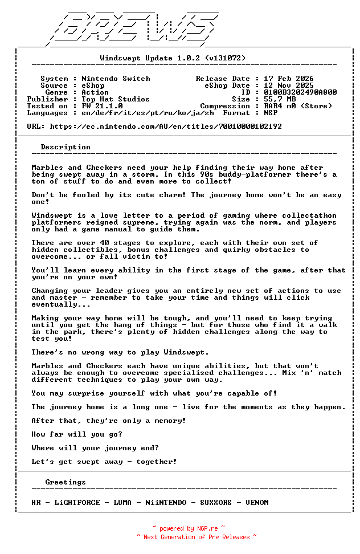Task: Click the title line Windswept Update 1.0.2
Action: tap(173, 58)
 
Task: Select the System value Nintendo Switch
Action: tap(116, 79)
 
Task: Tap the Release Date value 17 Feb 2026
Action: tap(288, 79)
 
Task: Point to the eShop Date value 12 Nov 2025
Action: tap(288, 85)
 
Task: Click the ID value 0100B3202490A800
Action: tap(300, 92)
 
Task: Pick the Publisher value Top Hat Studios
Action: tap(116, 99)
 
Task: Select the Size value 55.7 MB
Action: tap(279, 99)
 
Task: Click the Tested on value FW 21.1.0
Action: tap(102, 106)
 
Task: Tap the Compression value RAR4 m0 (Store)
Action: tap(297, 106)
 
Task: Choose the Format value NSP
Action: tap(270, 113)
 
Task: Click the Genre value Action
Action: tap(95, 92)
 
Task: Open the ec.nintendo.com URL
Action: tap(166, 127)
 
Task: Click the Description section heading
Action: tap(66, 147)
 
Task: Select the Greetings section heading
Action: tap(66, 482)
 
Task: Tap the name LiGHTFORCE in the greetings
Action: tap(79, 503)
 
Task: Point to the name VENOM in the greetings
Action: tap(257, 503)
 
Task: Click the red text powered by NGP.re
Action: tap(189, 528)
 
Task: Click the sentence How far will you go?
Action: tap(77, 434)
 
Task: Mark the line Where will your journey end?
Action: tap(95, 448)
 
